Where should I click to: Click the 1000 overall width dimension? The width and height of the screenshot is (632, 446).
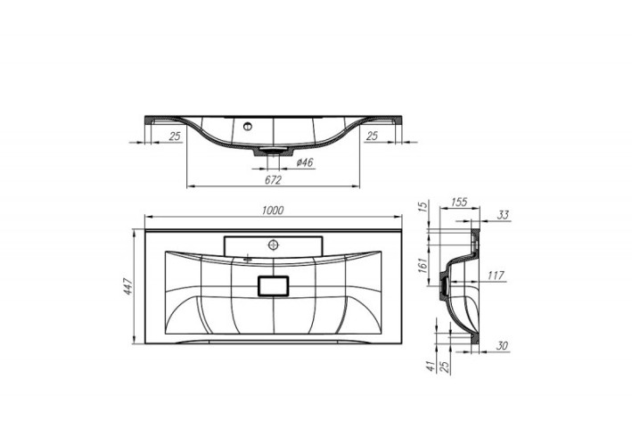[x=273, y=210]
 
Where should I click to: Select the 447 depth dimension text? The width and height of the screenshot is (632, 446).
[x=129, y=286]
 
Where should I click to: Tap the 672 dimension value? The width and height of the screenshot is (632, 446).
[x=273, y=179]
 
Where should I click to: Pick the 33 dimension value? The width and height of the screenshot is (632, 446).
[x=503, y=214]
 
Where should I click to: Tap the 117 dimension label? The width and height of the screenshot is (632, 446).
[x=497, y=275]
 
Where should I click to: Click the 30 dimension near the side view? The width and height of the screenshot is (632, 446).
[x=503, y=347]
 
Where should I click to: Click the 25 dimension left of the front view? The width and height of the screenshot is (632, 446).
[x=176, y=135]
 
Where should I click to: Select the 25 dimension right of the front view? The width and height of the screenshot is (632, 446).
[x=373, y=135]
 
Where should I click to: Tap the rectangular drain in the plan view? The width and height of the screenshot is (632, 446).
[x=274, y=285]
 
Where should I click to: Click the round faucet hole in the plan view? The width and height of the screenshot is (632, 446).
[x=274, y=243]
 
